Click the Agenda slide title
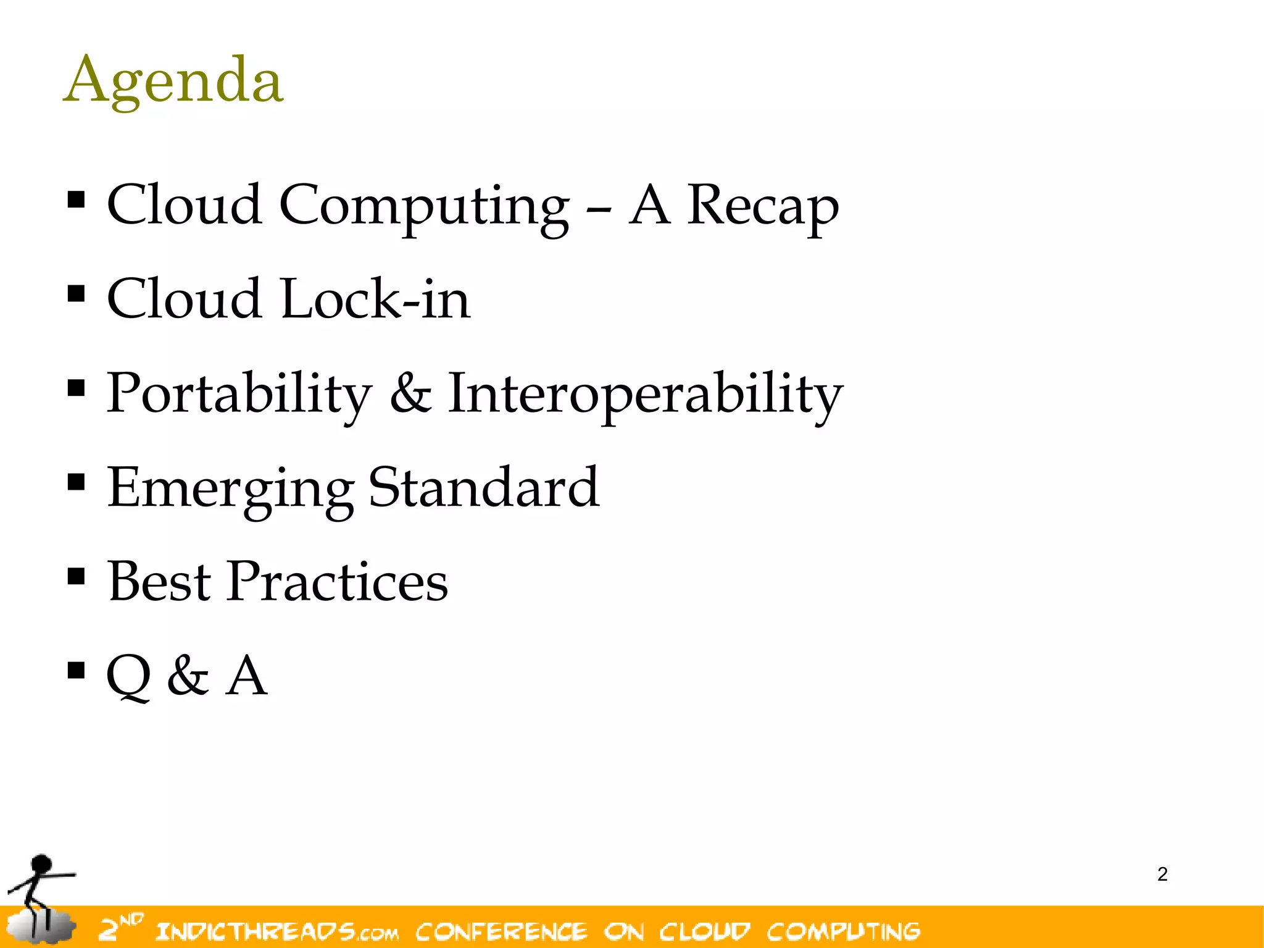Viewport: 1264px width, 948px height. click(173, 81)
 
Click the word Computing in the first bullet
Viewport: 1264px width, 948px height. click(424, 206)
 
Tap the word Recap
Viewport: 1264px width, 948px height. click(763, 206)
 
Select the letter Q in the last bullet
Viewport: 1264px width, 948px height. click(129, 676)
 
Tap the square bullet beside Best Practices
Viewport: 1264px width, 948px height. click(76, 576)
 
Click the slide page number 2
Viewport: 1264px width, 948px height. click(1162, 875)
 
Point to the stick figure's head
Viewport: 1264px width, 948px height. click(41, 864)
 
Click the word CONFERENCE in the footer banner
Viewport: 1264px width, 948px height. click(501, 931)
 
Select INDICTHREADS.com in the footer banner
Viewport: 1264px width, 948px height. click(277, 931)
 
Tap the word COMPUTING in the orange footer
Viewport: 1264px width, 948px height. click(843, 931)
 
